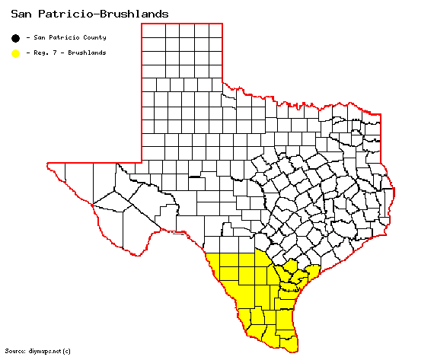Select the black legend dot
15,37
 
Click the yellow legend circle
15,53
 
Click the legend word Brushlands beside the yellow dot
82,53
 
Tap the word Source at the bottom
14,351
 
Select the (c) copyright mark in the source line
67,351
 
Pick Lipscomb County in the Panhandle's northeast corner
215,31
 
